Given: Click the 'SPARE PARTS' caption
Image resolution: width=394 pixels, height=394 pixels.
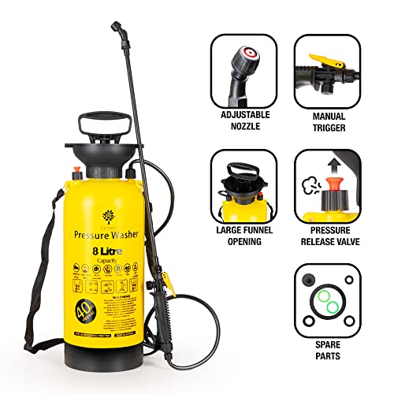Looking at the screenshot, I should click(x=328, y=350).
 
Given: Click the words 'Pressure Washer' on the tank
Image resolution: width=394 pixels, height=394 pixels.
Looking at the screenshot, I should click(x=108, y=234).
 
